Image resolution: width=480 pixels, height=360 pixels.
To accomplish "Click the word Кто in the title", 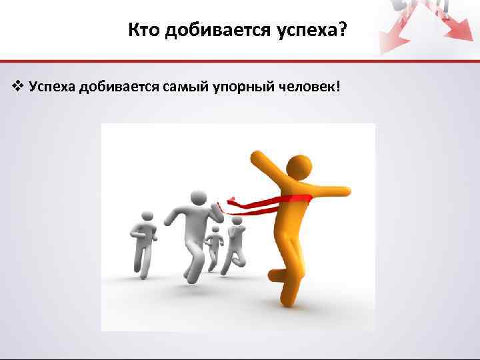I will (x=143, y=29).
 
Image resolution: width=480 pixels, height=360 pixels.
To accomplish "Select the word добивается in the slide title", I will (x=207, y=29).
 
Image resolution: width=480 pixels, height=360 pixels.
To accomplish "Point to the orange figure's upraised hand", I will (x=257, y=159).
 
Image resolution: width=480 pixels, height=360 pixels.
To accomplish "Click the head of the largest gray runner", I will (x=197, y=199).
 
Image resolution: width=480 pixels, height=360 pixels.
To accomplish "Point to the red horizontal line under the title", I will (x=240, y=61).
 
